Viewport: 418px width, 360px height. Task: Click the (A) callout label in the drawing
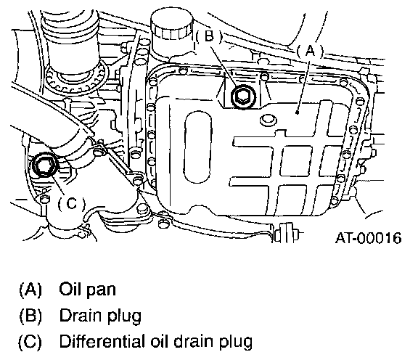point(310,51)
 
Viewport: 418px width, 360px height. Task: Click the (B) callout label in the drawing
point(209,36)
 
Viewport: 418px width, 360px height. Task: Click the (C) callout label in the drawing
point(71,204)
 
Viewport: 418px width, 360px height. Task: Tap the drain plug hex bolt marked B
point(243,97)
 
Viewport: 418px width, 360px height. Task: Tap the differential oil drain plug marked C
point(44,165)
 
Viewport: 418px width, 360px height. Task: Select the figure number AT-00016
point(368,238)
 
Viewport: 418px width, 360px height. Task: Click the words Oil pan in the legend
point(87,290)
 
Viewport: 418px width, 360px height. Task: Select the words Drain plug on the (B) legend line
point(100,316)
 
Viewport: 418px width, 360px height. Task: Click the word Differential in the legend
point(102,341)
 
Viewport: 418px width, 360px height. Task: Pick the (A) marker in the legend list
point(30,290)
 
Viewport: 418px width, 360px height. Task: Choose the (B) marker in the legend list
point(30,316)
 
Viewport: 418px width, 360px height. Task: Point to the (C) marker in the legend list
point(30,342)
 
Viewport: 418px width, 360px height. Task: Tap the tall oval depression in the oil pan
point(198,147)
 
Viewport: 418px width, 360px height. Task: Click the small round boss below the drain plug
point(268,120)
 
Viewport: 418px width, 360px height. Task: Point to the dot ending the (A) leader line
point(298,112)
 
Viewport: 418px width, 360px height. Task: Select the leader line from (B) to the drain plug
point(224,66)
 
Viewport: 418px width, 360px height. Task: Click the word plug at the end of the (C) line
point(236,342)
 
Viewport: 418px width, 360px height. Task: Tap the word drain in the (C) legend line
point(195,341)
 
